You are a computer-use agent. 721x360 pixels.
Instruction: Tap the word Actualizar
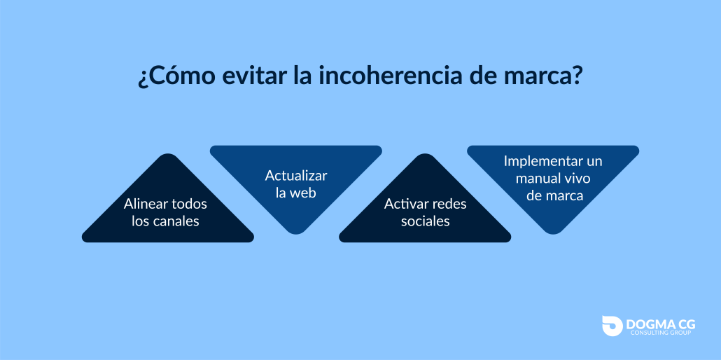[x=296, y=175]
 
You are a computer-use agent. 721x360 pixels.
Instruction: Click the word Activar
[x=403, y=204]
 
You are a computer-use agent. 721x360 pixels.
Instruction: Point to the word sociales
[x=426, y=221]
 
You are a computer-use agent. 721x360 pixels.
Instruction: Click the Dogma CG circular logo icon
[x=612, y=326]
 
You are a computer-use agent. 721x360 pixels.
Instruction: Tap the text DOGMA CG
[x=661, y=324]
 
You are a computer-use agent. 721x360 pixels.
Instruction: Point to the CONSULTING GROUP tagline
[x=661, y=333]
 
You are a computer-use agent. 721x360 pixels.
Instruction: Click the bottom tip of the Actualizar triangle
[x=296, y=233]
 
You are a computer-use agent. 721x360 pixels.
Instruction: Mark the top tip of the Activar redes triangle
[x=425, y=155]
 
